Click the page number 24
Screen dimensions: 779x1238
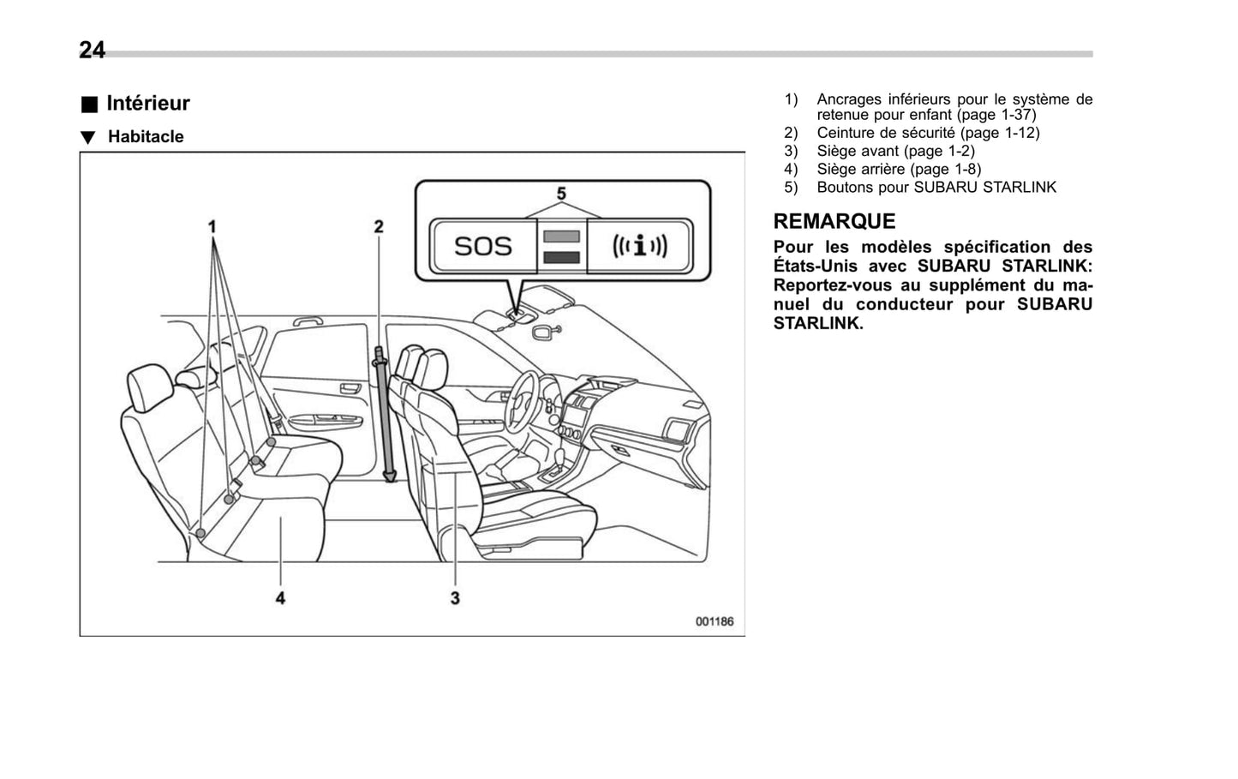[x=92, y=51]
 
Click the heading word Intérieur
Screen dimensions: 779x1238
[x=147, y=104]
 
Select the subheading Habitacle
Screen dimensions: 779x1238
[x=146, y=137]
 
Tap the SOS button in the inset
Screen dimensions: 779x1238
[x=482, y=247]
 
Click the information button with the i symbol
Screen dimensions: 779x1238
[x=639, y=247]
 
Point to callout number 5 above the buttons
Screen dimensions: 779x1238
[x=561, y=195]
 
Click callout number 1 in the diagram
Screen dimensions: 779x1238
[x=212, y=227]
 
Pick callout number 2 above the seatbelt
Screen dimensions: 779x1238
[x=378, y=227]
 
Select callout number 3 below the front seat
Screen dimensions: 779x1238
[x=455, y=597]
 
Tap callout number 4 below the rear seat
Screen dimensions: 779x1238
[x=280, y=597]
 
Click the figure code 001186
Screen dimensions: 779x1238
[x=714, y=621]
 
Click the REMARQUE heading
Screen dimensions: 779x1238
[x=834, y=221]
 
